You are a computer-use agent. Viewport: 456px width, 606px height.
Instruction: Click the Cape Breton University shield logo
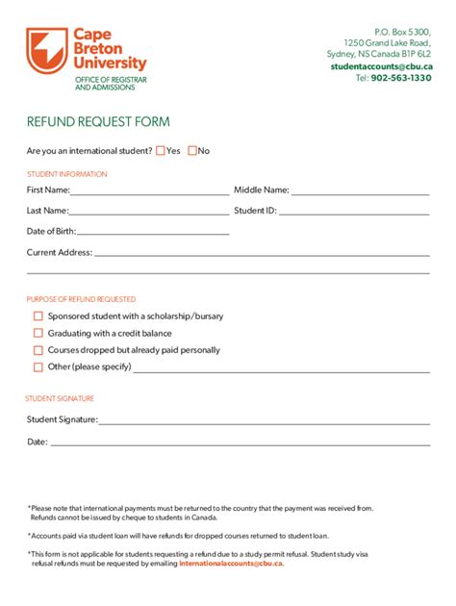(x=47, y=54)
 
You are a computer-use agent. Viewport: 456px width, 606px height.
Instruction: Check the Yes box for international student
(x=161, y=150)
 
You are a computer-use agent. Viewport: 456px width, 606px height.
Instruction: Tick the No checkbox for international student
(x=192, y=150)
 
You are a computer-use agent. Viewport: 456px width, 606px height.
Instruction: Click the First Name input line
(x=149, y=192)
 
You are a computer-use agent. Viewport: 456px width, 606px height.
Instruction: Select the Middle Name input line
(x=360, y=192)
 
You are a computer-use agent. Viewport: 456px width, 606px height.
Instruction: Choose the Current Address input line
(x=261, y=255)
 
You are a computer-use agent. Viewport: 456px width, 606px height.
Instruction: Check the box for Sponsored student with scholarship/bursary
(x=38, y=316)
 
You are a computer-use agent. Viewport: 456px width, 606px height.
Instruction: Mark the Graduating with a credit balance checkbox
(x=38, y=333)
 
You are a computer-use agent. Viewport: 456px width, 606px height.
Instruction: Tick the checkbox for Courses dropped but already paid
(x=38, y=350)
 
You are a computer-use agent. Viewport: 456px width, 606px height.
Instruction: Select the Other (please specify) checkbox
(x=38, y=366)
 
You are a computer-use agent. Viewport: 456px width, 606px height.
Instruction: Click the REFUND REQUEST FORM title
(x=98, y=122)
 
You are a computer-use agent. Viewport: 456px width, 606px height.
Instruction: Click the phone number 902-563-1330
(x=400, y=78)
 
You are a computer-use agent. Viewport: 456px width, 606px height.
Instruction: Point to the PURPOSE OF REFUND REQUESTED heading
(x=81, y=299)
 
